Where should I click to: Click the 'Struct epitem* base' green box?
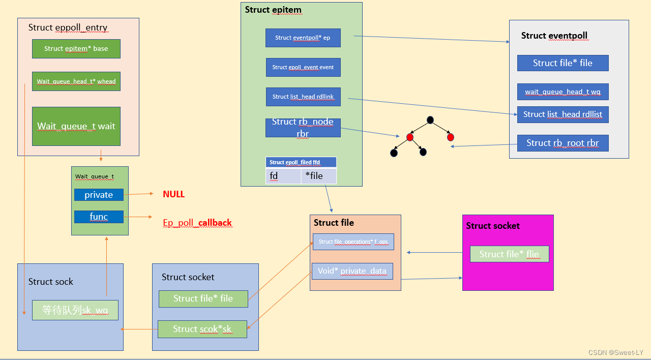(x=76, y=49)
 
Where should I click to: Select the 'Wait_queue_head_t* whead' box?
(x=76, y=81)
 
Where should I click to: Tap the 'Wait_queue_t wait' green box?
(x=76, y=126)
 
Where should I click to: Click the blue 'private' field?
(x=99, y=195)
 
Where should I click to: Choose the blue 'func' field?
(x=99, y=217)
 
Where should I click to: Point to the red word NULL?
(x=173, y=194)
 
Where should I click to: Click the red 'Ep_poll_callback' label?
(x=197, y=223)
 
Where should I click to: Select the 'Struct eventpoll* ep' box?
(x=303, y=38)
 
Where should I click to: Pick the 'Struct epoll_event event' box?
(x=303, y=67)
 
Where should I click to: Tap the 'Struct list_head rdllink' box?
(x=303, y=97)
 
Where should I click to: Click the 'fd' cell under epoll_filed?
(x=283, y=176)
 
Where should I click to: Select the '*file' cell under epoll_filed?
(x=318, y=176)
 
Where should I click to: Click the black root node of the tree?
(x=430, y=120)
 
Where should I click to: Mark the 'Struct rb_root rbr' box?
(x=563, y=143)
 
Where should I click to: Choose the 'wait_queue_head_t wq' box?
(x=563, y=92)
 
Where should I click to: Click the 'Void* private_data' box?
(x=352, y=271)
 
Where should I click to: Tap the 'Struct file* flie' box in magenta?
(x=509, y=254)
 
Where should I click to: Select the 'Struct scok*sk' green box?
(x=202, y=329)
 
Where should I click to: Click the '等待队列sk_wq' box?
(x=75, y=310)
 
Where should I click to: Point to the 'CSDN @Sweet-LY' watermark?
(x=615, y=352)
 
